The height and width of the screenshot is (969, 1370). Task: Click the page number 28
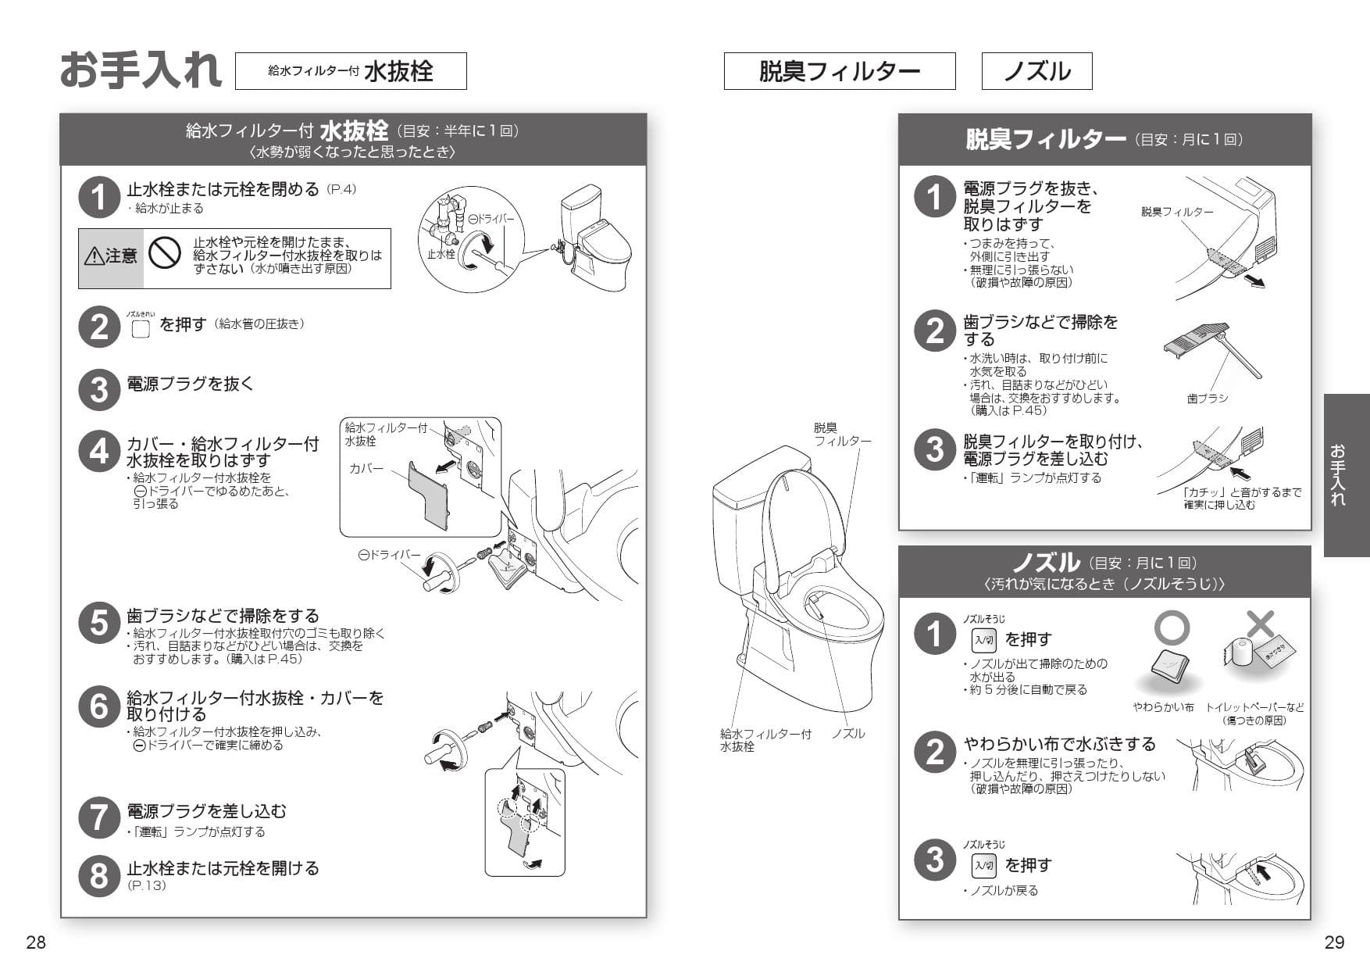[36, 942]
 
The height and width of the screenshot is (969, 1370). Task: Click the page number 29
[1334, 942]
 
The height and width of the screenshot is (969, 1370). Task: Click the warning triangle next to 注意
[94, 256]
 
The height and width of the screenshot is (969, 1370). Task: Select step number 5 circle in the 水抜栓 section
[99, 624]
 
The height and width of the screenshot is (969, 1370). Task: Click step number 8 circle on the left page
[99, 875]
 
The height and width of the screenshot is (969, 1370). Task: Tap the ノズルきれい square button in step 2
[141, 329]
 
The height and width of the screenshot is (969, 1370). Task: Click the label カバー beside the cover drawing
[366, 468]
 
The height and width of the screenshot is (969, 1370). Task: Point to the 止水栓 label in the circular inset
[441, 254]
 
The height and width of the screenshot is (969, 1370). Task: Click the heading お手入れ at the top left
[141, 70]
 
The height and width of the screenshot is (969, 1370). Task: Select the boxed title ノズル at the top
[1036, 71]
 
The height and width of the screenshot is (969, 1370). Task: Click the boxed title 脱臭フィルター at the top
[839, 71]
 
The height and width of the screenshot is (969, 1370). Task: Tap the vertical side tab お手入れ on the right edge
[1346, 474]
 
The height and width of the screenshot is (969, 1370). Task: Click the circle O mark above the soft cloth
[1172, 628]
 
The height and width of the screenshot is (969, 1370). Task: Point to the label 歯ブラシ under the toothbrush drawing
[1207, 399]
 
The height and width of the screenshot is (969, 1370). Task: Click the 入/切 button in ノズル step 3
[983, 865]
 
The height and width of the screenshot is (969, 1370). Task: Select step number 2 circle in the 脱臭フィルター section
[935, 331]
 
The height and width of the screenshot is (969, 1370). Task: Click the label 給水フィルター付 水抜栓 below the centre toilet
[765, 739]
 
